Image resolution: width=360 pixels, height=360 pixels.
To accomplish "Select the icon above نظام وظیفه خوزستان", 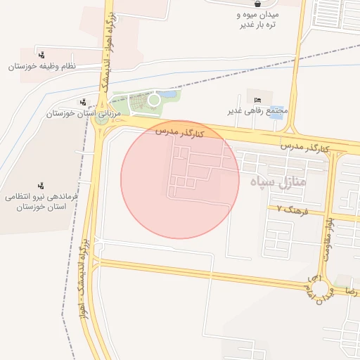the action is click(x=42, y=54).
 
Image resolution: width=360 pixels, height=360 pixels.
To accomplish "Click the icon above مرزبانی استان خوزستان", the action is click(x=84, y=102).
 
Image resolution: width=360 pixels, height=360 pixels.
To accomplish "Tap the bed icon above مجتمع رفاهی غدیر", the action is click(x=257, y=99).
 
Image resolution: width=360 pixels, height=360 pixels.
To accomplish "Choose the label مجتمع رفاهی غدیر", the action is click(x=259, y=111).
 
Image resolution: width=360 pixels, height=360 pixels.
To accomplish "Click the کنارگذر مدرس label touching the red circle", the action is click(x=179, y=131).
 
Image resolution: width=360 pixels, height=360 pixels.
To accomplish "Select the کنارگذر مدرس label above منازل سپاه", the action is click(x=304, y=148).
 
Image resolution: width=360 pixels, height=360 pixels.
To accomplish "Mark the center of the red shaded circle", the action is click(x=180, y=179).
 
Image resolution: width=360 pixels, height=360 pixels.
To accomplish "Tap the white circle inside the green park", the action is click(x=154, y=100).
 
